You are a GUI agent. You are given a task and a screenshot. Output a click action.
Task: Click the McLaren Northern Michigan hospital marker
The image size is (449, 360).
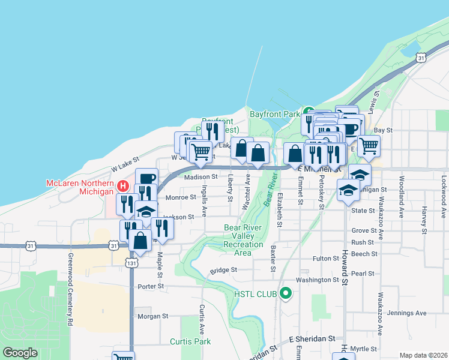pos(123,186)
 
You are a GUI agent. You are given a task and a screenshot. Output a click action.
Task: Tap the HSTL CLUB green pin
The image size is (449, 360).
pos(286,293)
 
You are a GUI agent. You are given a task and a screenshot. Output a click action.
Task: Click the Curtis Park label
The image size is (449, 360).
pos(190,341)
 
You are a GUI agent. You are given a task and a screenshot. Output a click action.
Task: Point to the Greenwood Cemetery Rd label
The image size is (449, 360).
pos(70,289)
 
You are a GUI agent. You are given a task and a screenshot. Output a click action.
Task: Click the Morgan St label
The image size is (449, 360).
pos(152,316)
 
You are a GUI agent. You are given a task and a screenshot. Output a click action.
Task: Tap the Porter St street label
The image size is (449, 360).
pos(151,286)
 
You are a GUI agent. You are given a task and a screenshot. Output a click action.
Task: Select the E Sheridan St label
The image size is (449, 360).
pos(312,339)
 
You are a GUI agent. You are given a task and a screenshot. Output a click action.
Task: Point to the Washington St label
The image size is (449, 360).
pos(318,280)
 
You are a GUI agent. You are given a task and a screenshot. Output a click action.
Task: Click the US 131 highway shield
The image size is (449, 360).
pos(133,262)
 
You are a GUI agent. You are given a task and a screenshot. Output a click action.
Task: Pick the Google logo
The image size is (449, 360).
pos(20,353)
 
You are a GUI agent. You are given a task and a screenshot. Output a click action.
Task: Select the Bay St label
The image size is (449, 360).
pos(383,130)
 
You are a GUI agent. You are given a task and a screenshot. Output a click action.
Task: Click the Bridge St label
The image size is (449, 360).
pos(223,271)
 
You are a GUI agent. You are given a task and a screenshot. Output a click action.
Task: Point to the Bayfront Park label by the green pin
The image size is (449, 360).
pos(274,113)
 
